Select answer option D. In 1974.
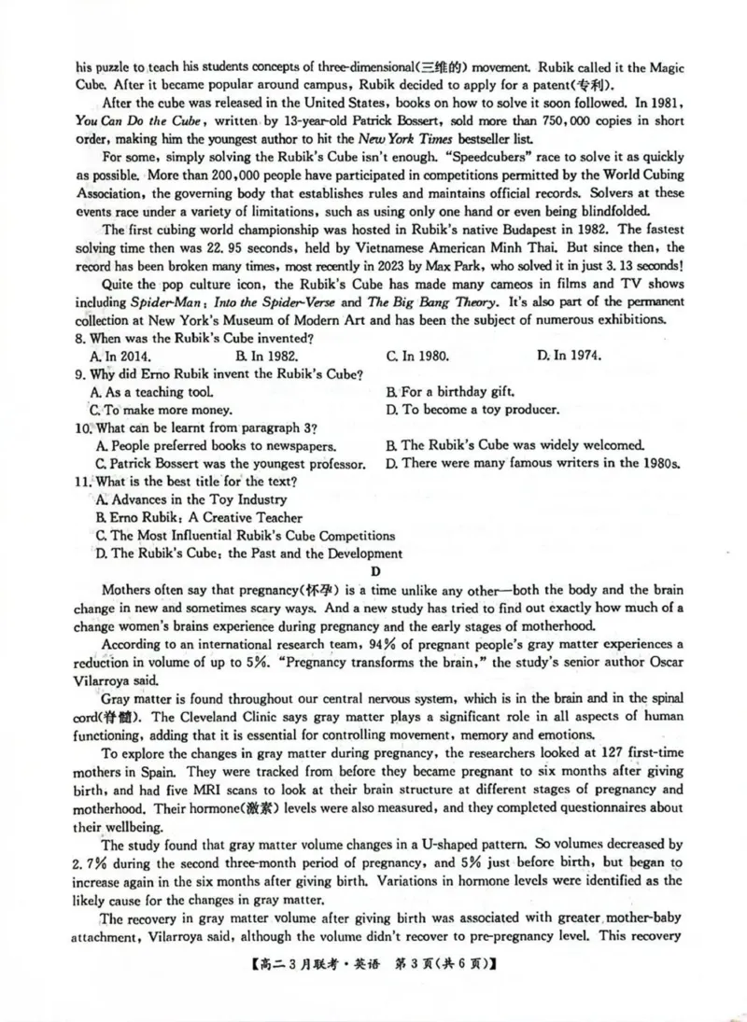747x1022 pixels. click(x=569, y=356)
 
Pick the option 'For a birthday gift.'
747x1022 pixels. click(x=451, y=392)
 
